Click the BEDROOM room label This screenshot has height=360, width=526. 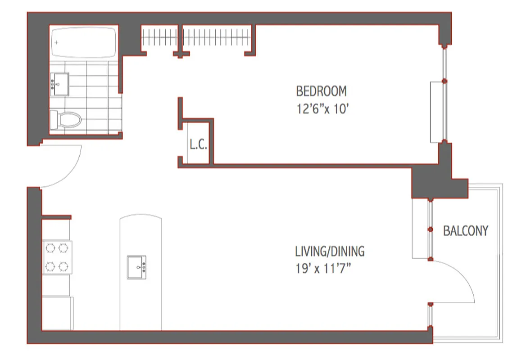point(321,91)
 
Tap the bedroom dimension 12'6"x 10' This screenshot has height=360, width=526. point(323,109)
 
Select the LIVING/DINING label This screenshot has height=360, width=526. point(330,251)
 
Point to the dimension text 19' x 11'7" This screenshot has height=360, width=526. point(323,269)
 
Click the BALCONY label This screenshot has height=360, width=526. point(466,231)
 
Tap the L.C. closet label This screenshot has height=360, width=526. point(198,145)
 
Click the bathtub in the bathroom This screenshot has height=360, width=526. point(84,43)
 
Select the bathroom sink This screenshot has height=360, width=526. point(59,84)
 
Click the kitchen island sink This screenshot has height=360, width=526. point(136,267)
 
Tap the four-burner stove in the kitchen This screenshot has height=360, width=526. point(58,257)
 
